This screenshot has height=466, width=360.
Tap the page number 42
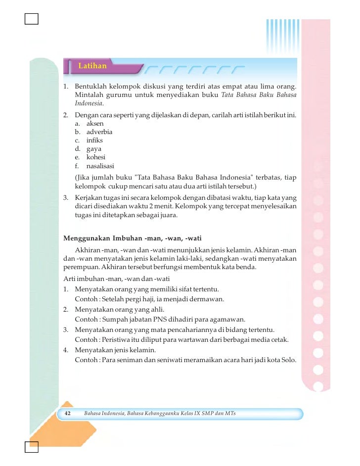coord(69,413)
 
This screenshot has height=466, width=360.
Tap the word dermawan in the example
coord(207,299)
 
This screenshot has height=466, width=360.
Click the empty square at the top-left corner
coord(31,19)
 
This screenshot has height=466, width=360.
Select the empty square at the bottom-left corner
coord(31,447)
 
